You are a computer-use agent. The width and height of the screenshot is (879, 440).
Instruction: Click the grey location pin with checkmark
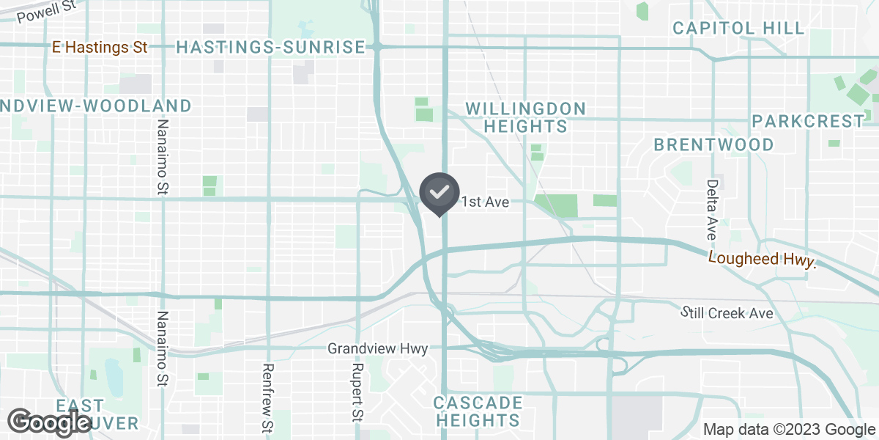click(439, 193)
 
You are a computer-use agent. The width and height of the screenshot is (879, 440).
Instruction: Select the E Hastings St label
click(100, 47)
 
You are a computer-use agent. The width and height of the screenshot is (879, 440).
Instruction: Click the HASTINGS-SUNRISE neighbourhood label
click(270, 48)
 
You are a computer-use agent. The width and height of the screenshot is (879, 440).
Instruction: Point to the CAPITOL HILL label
click(738, 29)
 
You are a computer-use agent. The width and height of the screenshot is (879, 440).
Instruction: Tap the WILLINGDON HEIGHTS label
click(526, 117)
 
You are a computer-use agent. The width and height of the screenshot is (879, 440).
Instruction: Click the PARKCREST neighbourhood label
click(808, 121)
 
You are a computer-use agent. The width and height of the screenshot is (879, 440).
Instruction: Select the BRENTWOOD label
click(713, 144)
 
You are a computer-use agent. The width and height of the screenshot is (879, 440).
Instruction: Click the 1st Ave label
click(485, 202)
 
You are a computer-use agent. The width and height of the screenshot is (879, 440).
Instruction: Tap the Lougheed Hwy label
click(762, 259)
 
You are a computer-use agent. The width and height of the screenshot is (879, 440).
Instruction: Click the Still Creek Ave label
click(727, 313)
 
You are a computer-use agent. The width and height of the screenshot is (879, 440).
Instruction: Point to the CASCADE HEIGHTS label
click(478, 411)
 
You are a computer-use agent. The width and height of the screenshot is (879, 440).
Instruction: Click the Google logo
click(50, 422)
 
